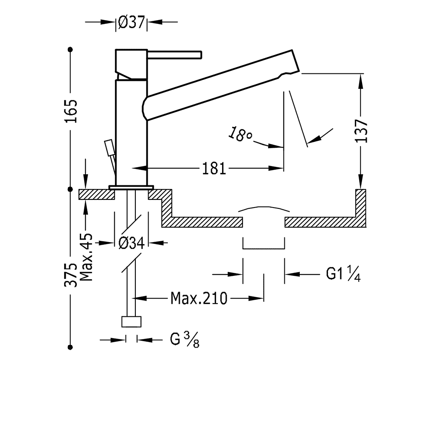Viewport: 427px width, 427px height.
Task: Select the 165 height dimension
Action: click(x=71, y=111)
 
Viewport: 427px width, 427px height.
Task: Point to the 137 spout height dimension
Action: click(x=362, y=130)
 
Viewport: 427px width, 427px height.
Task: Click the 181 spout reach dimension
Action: click(x=214, y=169)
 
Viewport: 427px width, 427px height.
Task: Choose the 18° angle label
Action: click(x=240, y=135)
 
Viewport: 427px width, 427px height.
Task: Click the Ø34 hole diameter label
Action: click(x=131, y=243)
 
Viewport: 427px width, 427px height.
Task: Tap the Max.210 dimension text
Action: click(x=199, y=298)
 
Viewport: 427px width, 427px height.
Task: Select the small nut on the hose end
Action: click(x=132, y=322)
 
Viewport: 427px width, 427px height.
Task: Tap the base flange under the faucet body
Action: click(x=131, y=187)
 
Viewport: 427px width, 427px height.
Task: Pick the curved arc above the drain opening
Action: click(x=264, y=208)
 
